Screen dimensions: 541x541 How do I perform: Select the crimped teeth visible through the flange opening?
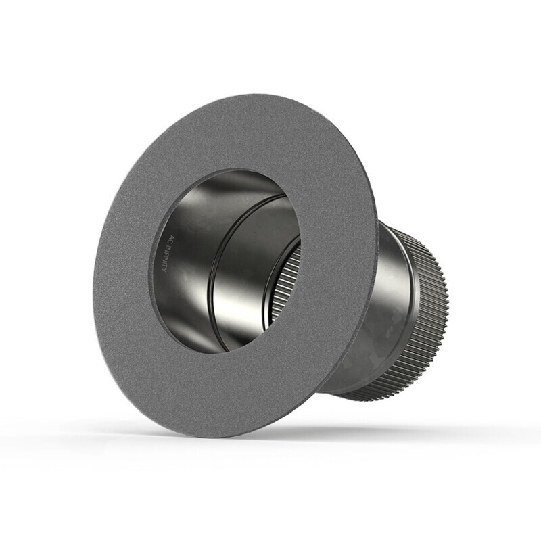pyautogui.click(x=284, y=284)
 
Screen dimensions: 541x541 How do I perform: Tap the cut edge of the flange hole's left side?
pyautogui.click(x=153, y=270)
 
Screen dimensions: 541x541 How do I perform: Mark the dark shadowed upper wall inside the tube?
pyautogui.click(x=223, y=186)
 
